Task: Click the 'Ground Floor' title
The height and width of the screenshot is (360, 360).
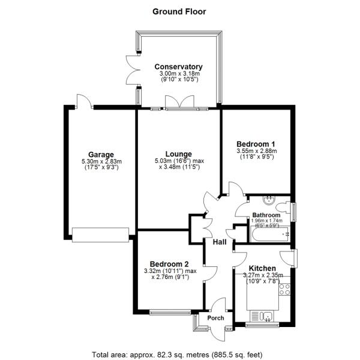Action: (x=180, y=11)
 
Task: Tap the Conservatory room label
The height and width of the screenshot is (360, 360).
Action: (x=178, y=67)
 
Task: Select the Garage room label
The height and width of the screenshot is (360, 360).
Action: (x=101, y=154)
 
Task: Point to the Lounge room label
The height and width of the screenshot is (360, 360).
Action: (x=178, y=154)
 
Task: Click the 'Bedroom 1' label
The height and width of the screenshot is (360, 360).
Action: (x=256, y=144)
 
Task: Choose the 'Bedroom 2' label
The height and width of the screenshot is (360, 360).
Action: (x=170, y=264)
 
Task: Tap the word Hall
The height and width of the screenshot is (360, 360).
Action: (x=220, y=242)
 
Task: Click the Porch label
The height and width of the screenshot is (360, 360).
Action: (x=215, y=318)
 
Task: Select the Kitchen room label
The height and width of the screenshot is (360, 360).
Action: (x=263, y=268)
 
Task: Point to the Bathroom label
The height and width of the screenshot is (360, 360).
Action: (x=266, y=215)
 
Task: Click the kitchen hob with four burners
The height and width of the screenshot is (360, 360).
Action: (x=284, y=292)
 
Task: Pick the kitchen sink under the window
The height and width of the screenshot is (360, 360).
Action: (x=263, y=316)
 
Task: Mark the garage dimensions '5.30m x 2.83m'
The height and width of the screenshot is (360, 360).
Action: (x=101, y=161)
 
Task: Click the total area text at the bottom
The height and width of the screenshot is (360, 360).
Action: (x=180, y=353)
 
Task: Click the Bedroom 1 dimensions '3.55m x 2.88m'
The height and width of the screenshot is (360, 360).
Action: (x=256, y=151)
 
